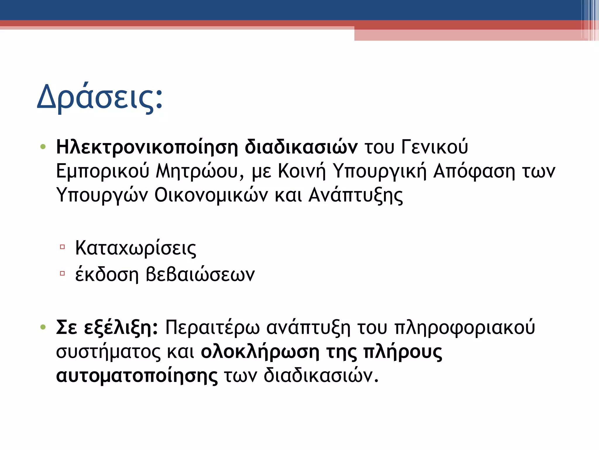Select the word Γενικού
coord(435,147)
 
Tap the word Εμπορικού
coord(103,171)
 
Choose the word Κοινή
coord(302,171)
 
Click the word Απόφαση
coord(474,171)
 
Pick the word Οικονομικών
coord(211,195)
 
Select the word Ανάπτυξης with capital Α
coord(356,195)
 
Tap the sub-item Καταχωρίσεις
coord(135,248)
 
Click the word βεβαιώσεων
coord(200,275)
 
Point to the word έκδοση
coord(107,275)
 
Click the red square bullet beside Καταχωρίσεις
coord(62,247)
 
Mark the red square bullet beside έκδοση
coord(62,274)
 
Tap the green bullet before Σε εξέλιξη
coord(43,327)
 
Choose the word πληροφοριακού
coord(465,328)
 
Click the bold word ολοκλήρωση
coord(260,352)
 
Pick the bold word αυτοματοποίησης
coord(137,376)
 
